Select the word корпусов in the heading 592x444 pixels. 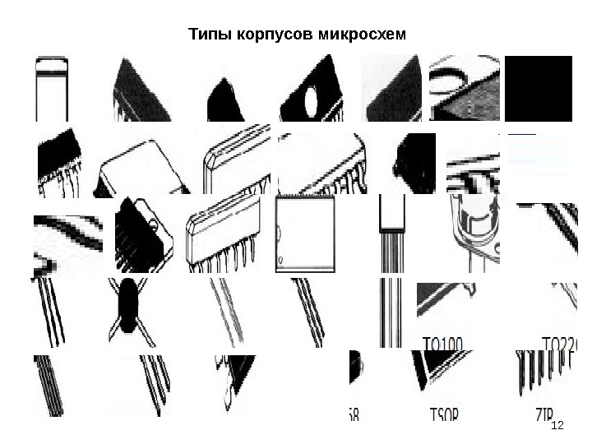click(x=265, y=35)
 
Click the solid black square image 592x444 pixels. click(x=538, y=88)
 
